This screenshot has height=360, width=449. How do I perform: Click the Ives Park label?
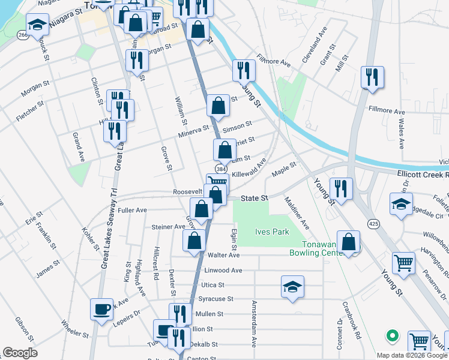273,232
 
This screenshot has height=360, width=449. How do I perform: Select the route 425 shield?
374,224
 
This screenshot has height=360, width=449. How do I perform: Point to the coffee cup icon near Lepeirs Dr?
101,310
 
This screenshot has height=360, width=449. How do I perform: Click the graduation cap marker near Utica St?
292,287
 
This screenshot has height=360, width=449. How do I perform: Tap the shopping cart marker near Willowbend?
403,262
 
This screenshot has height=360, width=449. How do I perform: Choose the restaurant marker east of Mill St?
372,77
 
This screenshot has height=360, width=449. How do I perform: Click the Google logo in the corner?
20,353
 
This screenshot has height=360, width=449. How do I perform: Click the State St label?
253,198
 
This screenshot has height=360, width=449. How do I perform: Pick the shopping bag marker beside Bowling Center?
348,242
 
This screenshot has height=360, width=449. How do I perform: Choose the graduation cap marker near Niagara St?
37,25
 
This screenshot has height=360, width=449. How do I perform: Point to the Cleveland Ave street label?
315,41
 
